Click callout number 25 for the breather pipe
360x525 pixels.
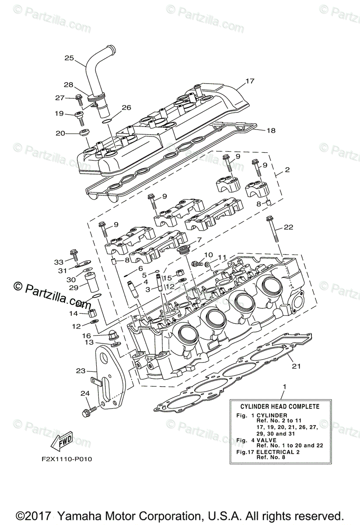click(x=69, y=58)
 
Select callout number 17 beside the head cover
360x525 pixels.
click(x=262, y=81)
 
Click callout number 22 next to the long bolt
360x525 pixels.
click(x=288, y=227)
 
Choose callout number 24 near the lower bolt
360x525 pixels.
click(x=84, y=393)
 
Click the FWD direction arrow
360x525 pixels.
click(x=63, y=442)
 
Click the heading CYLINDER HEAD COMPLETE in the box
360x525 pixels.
click(x=280, y=406)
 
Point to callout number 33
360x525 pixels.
click(x=59, y=262)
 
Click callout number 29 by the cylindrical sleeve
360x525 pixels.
click(x=73, y=287)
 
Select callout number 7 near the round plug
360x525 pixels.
click(x=199, y=240)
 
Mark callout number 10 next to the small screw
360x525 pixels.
click(x=208, y=255)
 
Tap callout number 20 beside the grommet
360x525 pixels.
click(x=60, y=133)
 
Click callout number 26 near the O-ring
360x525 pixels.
click(x=126, y=107)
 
